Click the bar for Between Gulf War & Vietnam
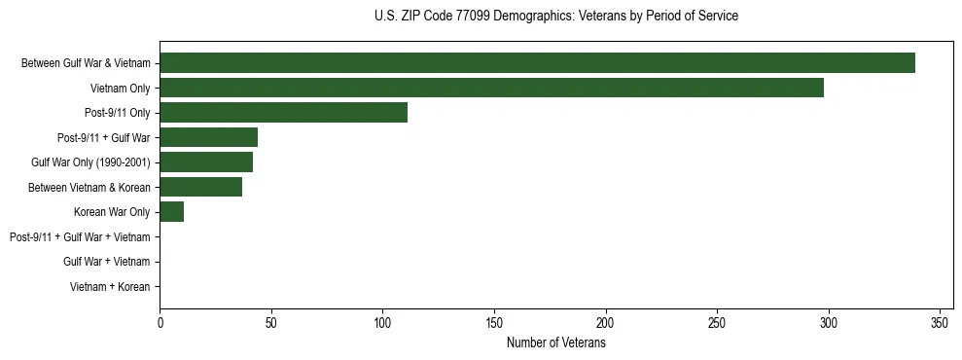[537, 63]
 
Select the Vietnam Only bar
[491, 88]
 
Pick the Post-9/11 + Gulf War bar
[208, 137]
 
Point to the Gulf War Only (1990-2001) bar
[206, 162]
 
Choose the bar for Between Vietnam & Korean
[200, 187]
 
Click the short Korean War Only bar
[171, 212]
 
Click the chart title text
[555, 17]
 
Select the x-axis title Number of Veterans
[555, 343]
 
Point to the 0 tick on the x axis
[160, 322]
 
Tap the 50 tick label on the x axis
[271, 322]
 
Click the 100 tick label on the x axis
[382, 322]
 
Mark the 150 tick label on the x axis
[494, 322]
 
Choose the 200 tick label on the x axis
[606, 322]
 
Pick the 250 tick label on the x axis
[717, 322]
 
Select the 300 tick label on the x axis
[829, 322]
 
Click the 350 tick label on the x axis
[940, 322]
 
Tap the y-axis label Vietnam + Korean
[110, 287]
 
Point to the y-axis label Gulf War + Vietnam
[106, 262]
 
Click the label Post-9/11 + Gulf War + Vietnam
[80, 237]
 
